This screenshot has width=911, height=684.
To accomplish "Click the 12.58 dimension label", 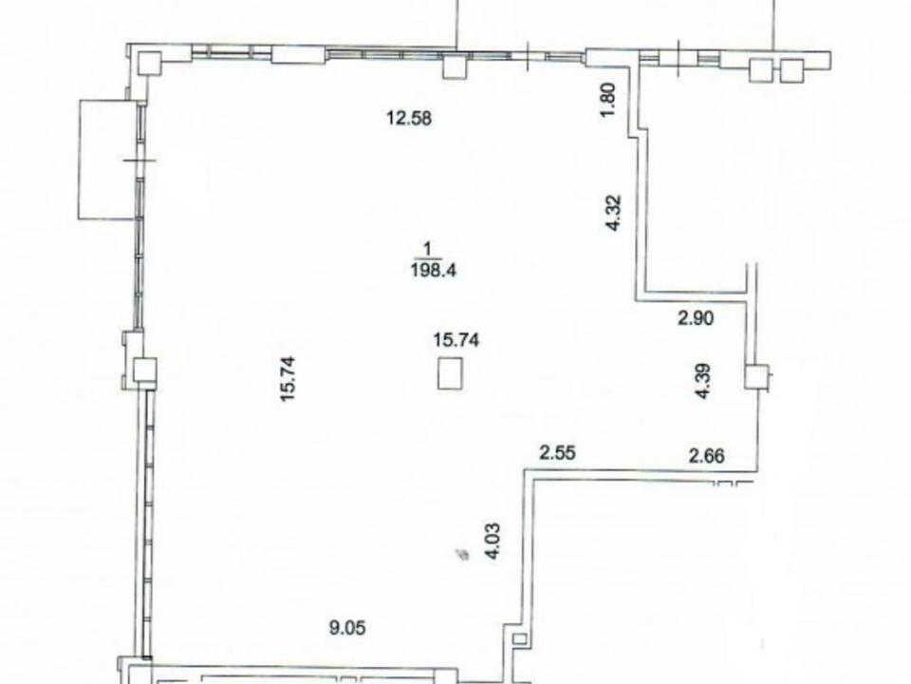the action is pyautogui.click(x=410, y=119).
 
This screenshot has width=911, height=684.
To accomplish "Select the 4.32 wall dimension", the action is pyautogui.click(x=614, y=213).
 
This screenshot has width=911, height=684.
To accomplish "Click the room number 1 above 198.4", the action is pyautogui.click(x=428, y=250).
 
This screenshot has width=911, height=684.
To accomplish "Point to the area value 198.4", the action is pyautogui.click(x=434, y=270).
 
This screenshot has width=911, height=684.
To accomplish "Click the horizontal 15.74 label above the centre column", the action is pyautogui.click(x=456, y=340).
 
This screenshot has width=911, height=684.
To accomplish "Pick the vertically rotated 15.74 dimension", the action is pyautogui.click(x=288, y=379).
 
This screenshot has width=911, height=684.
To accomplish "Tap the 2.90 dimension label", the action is pyautogui.click(x=696, y=318).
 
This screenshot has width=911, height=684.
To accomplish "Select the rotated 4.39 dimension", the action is pyautogui.click(x=703, y=381).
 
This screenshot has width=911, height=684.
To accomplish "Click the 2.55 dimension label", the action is pyautogui.click(x=558, y=452).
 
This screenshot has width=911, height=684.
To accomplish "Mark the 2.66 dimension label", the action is pyautogui.click(x=707, y=455).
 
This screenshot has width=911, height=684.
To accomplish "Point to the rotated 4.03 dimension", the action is pyautogui.click(x=493, y=541).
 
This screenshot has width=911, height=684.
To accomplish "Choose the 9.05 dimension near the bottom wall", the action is pyautogui.click(x=347, y=628).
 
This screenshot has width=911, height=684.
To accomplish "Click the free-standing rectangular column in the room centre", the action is pyautogui.click(x=450, y=372).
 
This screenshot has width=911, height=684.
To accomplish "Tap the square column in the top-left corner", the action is pyautogui.click(x=149, y=64).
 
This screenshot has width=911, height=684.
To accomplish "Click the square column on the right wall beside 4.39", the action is pyautogui.click(x=757, y=376).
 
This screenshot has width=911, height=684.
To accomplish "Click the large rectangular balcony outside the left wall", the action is pyautogui.click(x=107, y=160).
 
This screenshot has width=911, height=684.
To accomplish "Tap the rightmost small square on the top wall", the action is pyautogui.click(x=791, y=70).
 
